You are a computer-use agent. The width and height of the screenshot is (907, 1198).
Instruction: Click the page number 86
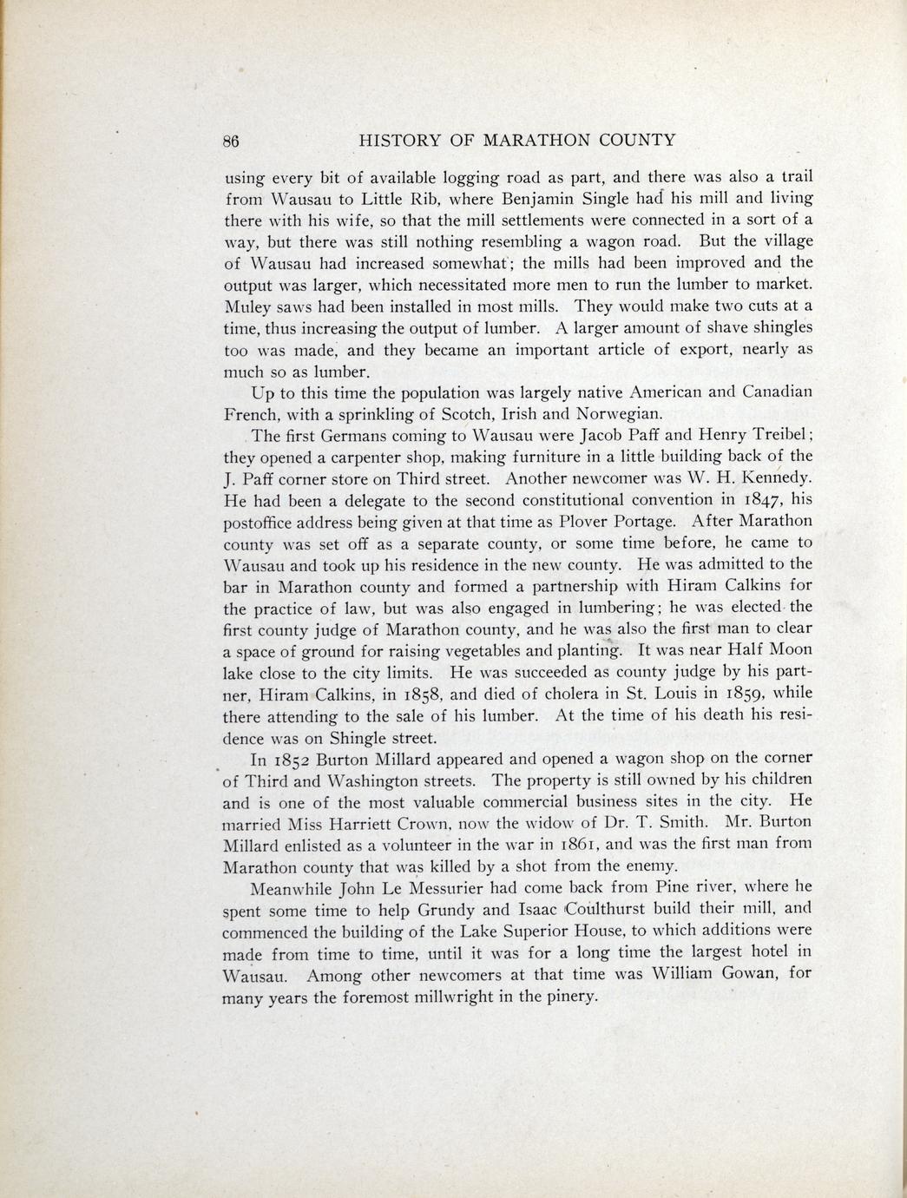(x=232, y=141)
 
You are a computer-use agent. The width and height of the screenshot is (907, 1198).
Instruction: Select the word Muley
(x=247, y=306)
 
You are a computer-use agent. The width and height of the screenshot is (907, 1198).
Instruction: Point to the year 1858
(x=421, y=694)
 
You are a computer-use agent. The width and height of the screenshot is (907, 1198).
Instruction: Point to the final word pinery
(x=569, y=997)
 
